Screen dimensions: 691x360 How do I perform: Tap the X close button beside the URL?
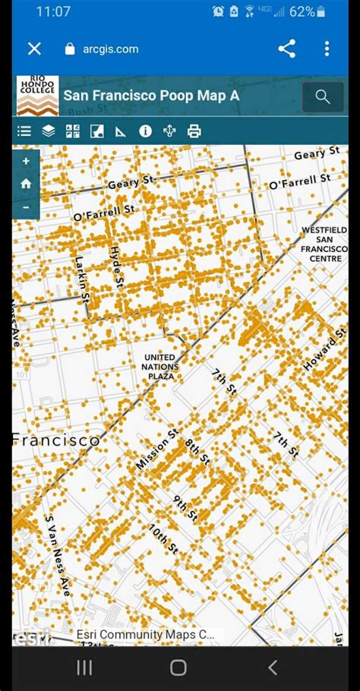click(34, 49)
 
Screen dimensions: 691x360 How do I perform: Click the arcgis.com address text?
click(110, 49)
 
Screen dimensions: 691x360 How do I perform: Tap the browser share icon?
click(286, 49)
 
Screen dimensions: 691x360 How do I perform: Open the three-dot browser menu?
click(327, 49)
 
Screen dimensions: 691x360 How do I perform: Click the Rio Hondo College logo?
click(37, 96)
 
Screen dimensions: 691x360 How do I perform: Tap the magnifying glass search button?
click(323, 96)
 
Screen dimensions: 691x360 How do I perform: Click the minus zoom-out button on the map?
click(26, 207)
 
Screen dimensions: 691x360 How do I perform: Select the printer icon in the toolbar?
click(194, 131)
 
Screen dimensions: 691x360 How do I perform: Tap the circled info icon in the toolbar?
click(145, 131)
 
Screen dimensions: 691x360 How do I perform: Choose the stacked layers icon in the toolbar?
click(49, 131)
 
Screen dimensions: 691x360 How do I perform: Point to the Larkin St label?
click(82, 276)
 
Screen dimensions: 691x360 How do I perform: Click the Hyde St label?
click(116, 265)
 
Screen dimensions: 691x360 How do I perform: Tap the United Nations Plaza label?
click(161, 367)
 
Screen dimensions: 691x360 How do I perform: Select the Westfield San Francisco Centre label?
click(324, 244)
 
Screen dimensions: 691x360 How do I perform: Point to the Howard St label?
click(325, 351)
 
